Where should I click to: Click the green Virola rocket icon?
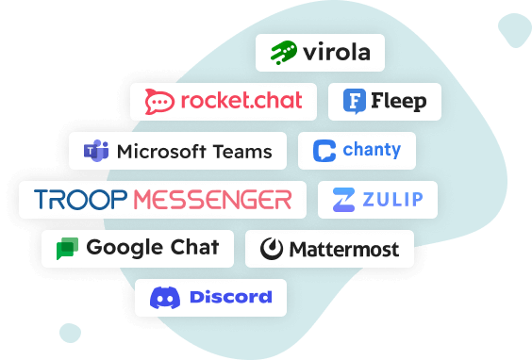(x=283, y=52)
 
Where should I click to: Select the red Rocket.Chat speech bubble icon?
(x=159, y=101)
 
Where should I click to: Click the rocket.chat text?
(x=240, y=101)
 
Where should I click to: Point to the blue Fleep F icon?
(x=355, y=101)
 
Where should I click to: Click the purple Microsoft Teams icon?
(x=95, y=151)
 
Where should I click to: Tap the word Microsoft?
(x=164, y=151)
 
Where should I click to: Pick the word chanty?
(x=372, y=150)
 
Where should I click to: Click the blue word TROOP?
(x=81, y=200)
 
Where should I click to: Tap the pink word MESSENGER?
(x=212, y=200)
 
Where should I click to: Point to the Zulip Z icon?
(x=343, y=200)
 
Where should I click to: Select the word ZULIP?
(x=390, y=200)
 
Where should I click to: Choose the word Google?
(x=119, y=248)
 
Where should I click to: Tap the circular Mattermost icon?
(x=273, y=250)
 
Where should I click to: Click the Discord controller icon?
(x=166, y=298)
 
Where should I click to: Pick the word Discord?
(x=231, y=298)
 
